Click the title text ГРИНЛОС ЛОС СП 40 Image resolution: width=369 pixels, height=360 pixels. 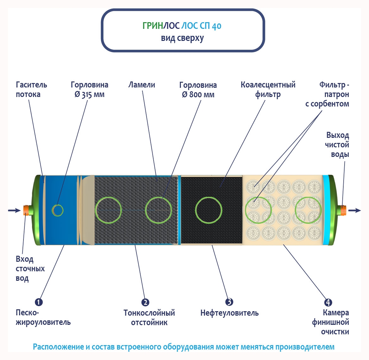[x=182, y=26]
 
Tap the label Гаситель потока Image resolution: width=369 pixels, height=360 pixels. [x=31, y=89]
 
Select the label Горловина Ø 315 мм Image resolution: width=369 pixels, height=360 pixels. [x=89, y=89]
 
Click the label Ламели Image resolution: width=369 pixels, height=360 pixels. [x=142, y=85]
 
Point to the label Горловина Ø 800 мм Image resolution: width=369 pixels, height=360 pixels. [x=198, y=90]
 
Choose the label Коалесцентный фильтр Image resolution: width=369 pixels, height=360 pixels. [x=268, y=89]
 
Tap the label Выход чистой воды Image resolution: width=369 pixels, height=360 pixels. [x=337, y=145]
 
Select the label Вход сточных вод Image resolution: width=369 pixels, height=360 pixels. [x=30, y=268]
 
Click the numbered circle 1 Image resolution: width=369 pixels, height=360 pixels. [x=38, y=302]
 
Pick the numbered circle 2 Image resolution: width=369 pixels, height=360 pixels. [x=145, y=302]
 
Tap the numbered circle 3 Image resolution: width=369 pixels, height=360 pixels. [x=229, y=302]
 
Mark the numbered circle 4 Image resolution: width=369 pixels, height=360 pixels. [x=328, y=302]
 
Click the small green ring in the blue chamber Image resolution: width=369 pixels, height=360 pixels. [x=58, y=210]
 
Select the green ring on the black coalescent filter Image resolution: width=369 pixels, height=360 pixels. [x=208, y=210]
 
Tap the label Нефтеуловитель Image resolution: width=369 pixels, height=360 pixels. [x=229, y=313]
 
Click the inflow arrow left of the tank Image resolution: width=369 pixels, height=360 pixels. [x=14, y=210]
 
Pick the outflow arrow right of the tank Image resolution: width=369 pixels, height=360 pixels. [x=355, y=210]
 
